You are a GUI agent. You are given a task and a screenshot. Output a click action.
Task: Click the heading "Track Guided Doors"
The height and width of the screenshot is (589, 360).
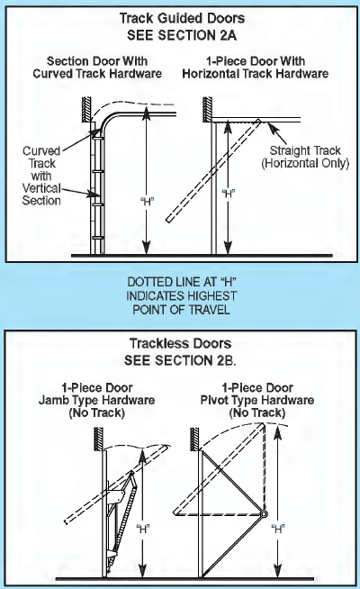point(180,17)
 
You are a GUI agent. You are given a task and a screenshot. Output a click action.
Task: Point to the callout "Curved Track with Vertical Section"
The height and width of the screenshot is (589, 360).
point(41,175)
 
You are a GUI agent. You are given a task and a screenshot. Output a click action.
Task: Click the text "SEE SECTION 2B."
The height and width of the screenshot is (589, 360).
point(180,359)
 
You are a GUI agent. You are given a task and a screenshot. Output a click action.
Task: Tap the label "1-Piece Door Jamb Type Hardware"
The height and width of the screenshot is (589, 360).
point(105,400)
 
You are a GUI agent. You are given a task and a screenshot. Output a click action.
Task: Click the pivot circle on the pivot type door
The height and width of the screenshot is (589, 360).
point(265,514)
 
